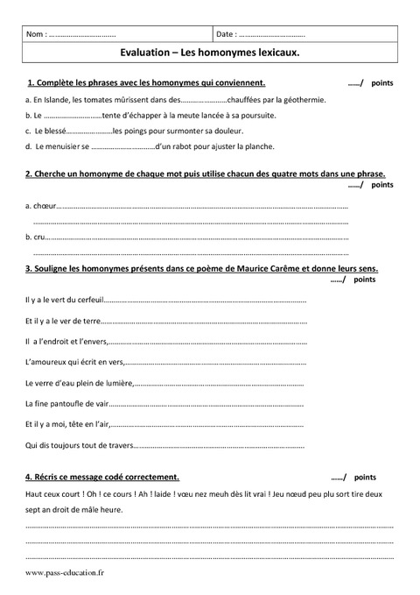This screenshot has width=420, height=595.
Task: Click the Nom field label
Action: click(x=36, y=34)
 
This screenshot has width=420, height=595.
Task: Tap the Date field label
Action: click(x=224, y=34)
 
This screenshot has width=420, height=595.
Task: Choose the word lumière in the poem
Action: click(x=119, y=383)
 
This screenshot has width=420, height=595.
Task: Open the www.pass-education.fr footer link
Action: click(x=64, y=573)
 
